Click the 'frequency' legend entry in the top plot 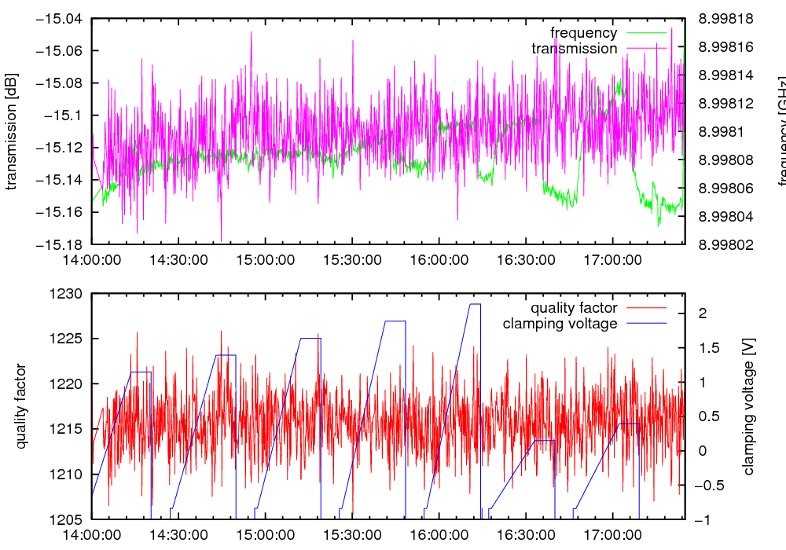pyautogui.click(x=583, y=33)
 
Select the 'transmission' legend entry pyautogui.click(x=574, y=49)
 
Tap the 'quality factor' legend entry pyautogui.click(x=573, y=308)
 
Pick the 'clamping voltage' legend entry pyautogui.click(x=560, y=324)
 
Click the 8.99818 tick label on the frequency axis pyautogui.click(x=725, y=19)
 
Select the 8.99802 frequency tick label pyautogui.click(x=725, y=244)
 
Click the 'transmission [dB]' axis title pyautogui.click(x=11, y=131)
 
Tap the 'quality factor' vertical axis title pyautogui.click(x=21, y=406)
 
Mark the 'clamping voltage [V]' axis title pyautogui.click(x=748, y=406)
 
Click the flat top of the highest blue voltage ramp pyautogui.click(x=475, y=304)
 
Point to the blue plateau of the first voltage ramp pyautogui.click(x=140, y=372)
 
